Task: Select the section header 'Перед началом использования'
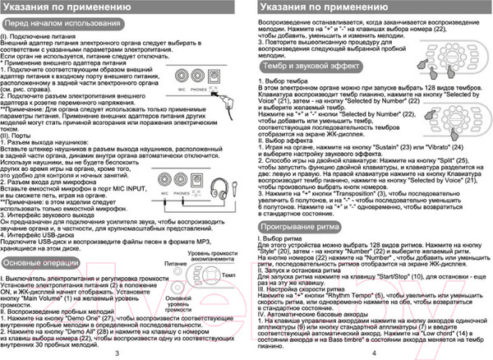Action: (x=57, y=26)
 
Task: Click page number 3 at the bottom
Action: (x=118, y=352)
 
